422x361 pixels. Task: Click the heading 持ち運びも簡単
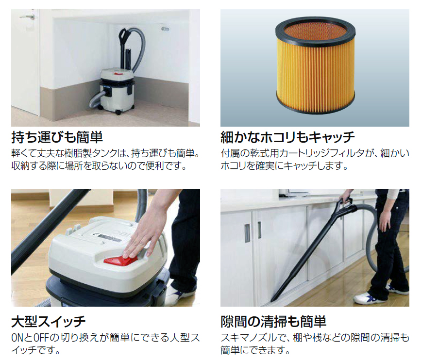coord(57,137)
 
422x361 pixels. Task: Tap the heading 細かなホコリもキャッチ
coord(287,137)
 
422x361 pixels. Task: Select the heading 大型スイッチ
coord(49,322)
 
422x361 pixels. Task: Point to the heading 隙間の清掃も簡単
coord(273,322)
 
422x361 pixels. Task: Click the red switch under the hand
coord(120,260)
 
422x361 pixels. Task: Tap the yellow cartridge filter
coord(315,66)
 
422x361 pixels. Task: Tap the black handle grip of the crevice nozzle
coord(346,204)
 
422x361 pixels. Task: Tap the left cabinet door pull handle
coord(247,233)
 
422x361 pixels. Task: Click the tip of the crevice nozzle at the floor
coord(272,300)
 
